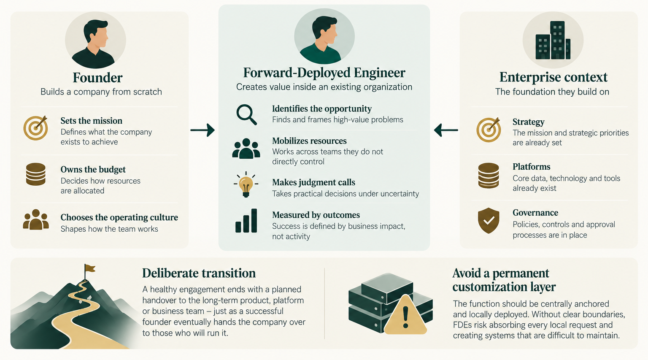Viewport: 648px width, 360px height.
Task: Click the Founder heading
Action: pos(97,78)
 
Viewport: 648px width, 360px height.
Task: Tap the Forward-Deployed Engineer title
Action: pos(324,73)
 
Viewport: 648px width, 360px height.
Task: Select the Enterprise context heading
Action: pos(553,77)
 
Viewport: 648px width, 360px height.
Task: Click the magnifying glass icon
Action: pos(246,115)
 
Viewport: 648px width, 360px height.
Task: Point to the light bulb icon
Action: pos(246,184)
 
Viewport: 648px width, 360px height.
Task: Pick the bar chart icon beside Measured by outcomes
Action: pos(246,221)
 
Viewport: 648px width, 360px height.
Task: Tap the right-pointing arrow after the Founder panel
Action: pos(202,130)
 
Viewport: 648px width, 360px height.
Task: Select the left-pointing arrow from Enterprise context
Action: pos(446,130)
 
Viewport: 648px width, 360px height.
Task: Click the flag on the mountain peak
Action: pos(90,268)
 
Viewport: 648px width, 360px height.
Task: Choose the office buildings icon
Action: pos(553,40)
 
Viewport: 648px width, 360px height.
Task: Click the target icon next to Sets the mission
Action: pos(35,128)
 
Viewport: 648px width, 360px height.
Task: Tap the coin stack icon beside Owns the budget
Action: pos(35,174)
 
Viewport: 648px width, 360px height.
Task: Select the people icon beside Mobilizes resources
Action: pos(246,149)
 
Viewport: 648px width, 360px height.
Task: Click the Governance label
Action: pos(535,213)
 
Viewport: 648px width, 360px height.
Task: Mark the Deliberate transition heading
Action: pos(199,273)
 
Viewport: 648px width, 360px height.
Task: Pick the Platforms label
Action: pos(532,167)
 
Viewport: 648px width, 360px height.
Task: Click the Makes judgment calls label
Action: pos(313,182)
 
